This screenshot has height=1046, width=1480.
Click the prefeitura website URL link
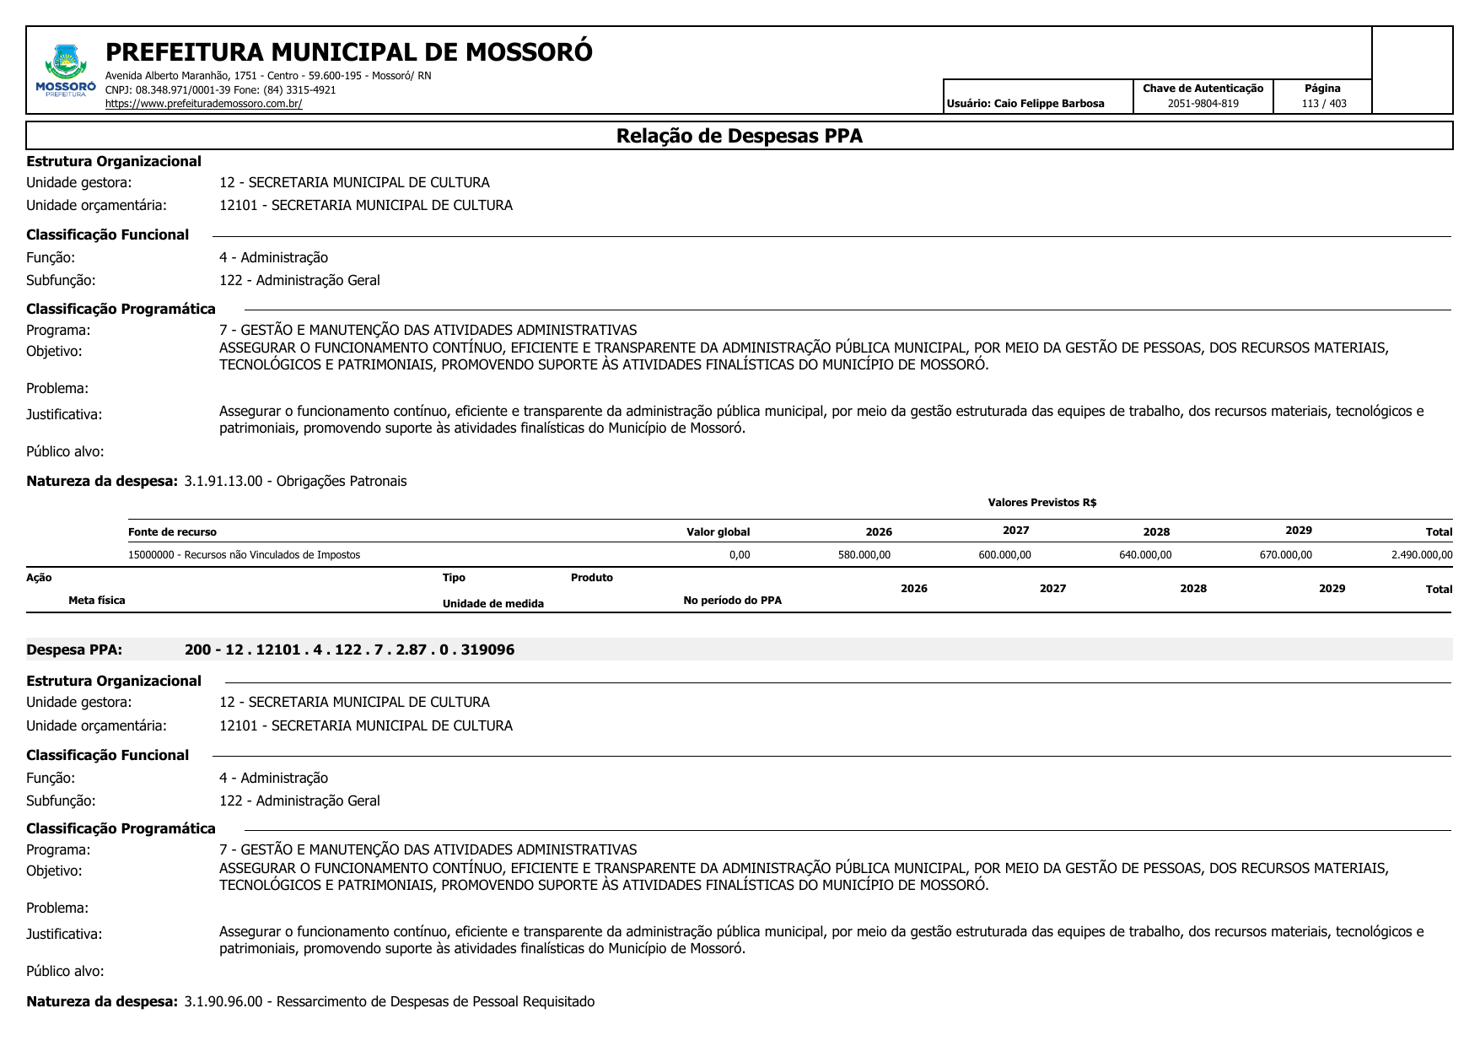tap(203, 104)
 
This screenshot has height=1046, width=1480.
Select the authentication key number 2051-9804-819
tap(1203, 104)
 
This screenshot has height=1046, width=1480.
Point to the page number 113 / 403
tap(1323, 104)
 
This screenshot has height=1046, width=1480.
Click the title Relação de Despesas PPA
tap(739, 136)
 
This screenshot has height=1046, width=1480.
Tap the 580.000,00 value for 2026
tap(864, 555)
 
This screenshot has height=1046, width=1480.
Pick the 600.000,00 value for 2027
tap(1004, 555)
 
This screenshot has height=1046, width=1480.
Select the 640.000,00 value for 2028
tap(1144, 555)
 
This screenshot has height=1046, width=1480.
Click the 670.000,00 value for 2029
tap(1285, 555)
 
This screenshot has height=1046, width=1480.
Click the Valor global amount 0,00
tap(739, 555)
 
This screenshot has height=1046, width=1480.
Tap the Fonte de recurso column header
tap(172, 532)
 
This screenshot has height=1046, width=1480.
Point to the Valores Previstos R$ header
tap(1041, 503)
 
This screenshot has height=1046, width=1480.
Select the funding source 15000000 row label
tap(244, 555)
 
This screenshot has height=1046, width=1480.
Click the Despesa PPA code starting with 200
tap(349, 650)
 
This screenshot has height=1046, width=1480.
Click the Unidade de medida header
tap(492, 604)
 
